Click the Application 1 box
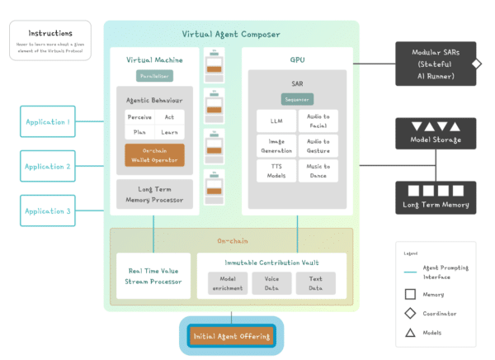coord(47,121)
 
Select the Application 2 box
coord(47,166)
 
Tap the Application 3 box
coord(47,211)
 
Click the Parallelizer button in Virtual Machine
coord(154,76)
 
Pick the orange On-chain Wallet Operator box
coord(154,154)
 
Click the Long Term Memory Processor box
coord(154,194)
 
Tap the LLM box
coord(276,121)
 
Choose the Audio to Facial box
coord(318,121)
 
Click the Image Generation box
coord(276,145)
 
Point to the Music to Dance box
coord(318,170)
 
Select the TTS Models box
coord(276,170)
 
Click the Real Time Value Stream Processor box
coord(154,275)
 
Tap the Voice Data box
coord(271,284)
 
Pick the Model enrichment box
coord(227,284)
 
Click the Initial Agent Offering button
coord(231,336)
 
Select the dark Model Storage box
coord(436,132)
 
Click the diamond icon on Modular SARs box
coord(475,63)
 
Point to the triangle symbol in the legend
coord(410,332)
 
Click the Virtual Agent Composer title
coord(231,34)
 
